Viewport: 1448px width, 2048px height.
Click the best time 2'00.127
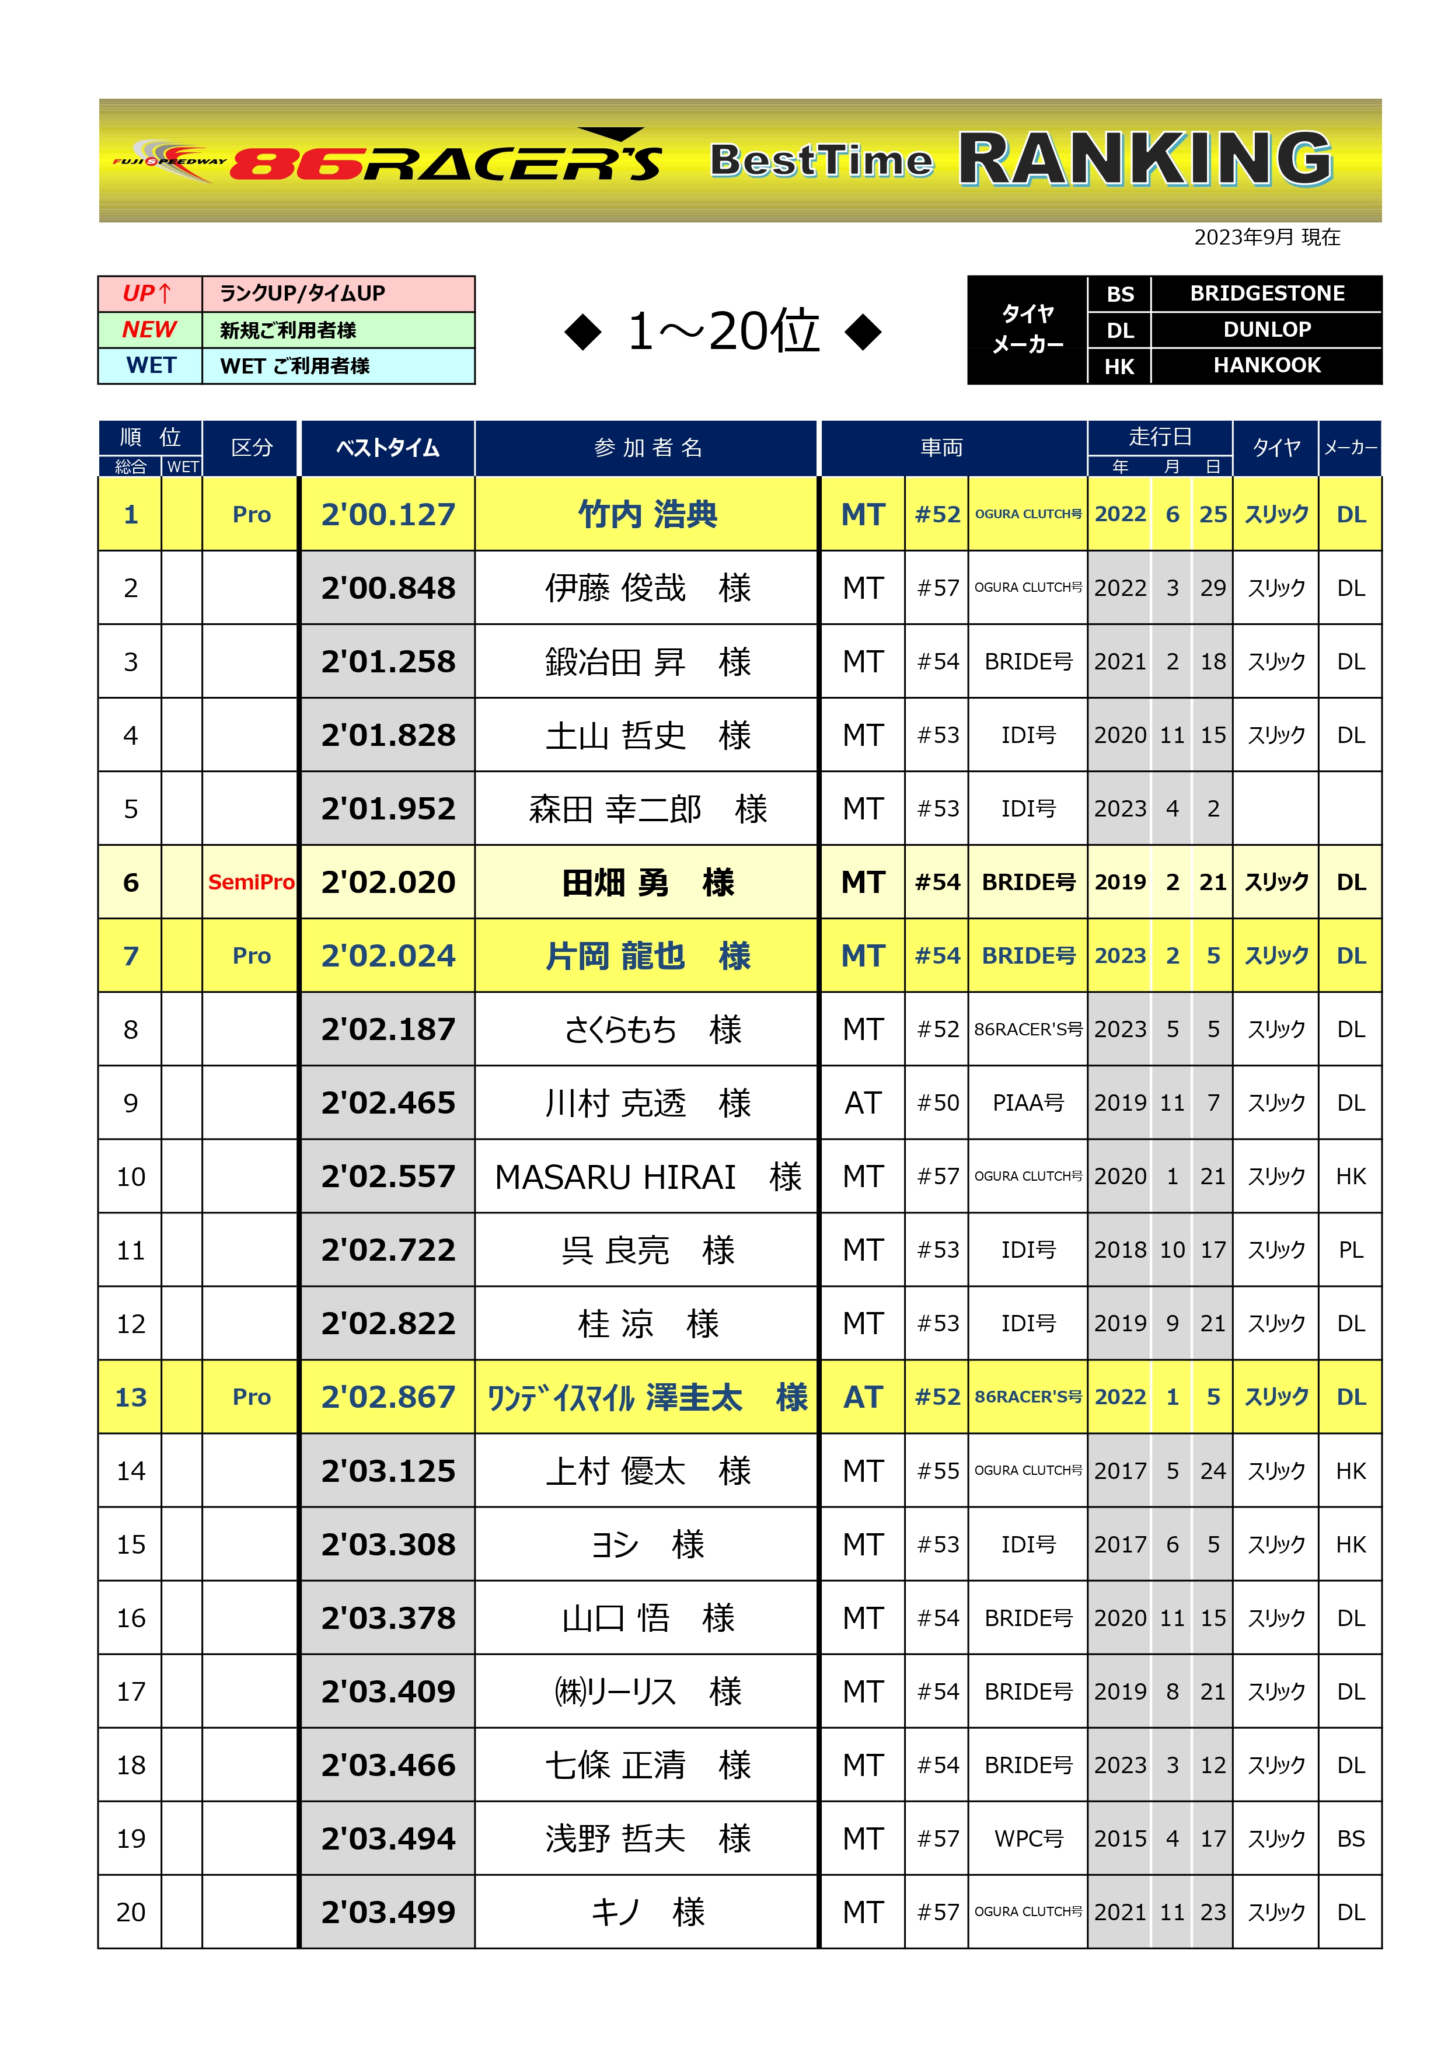tap(388, 515)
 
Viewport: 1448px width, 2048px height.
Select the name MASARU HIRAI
tap(616, 1177)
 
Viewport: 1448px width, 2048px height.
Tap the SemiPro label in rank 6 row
tap(251, 882)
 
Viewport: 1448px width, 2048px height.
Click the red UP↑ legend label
tap(148, 294)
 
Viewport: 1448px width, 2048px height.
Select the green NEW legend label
tap(149, 329)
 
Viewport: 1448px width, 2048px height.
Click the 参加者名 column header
tap(648, 448)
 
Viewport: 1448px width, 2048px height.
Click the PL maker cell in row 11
tap(1350, 1251)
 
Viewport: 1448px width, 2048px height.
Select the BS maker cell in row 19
tap(1350, 1839)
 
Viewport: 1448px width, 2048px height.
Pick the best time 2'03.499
tap(388, 1913)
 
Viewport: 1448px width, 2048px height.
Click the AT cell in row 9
tap(863, 1104)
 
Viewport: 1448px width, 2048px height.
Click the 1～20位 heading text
tap(723, 332)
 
